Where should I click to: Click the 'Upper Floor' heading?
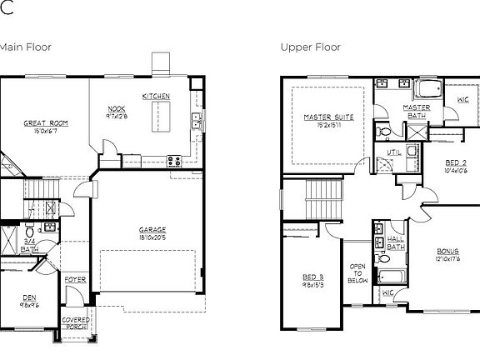pos(309,47)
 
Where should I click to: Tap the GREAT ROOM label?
pos(45,123)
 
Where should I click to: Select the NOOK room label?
pos(117,109)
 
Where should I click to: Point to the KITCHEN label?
pos(156,97)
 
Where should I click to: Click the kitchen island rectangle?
pos(158,117)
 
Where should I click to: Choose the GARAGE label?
pos(152,229)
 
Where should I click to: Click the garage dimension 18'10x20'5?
pos(152,237)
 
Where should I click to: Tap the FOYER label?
pos(75,280)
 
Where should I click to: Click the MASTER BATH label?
pos(416,112)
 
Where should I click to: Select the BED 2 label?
pos(455,162)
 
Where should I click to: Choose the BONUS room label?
pos(447,251)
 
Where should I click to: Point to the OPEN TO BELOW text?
pos(357,273)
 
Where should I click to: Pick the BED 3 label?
pos(312,277)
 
